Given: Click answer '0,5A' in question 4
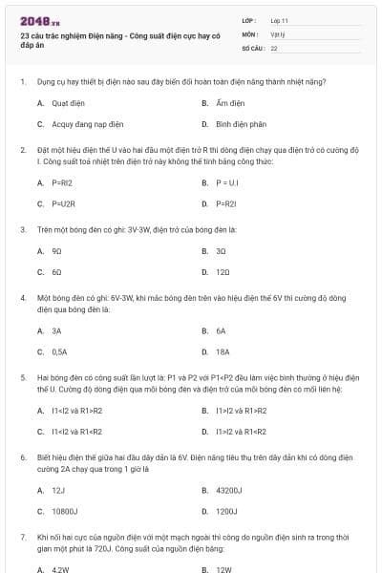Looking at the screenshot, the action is coord(59,351).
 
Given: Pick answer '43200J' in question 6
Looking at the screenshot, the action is coord(229,489).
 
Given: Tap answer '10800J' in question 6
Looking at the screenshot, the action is coord(65,511).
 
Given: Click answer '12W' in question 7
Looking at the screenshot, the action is coord(223,569).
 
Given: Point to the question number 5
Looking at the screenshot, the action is coord(22,377).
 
